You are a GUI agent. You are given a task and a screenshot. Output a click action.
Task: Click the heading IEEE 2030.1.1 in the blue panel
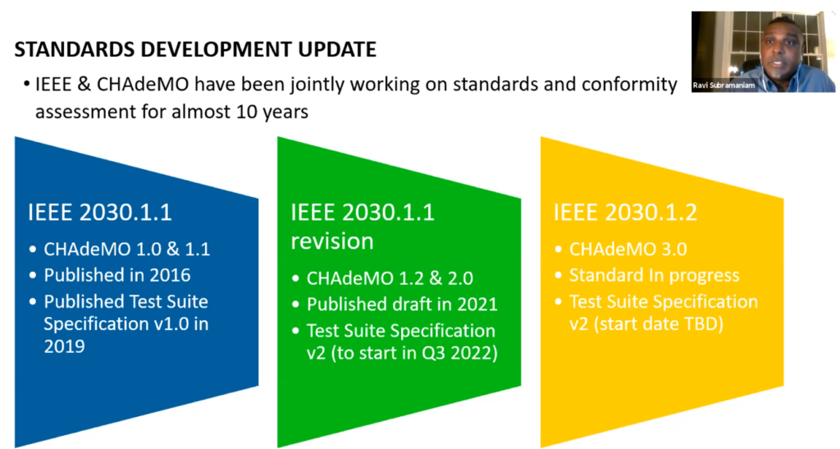(x=100, y=212)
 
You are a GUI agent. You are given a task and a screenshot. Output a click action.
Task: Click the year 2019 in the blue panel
(x=64, y=346)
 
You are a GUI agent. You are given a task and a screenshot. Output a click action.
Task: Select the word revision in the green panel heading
(x=332, y=241)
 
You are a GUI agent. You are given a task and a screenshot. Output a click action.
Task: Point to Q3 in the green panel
(x=431, y=353)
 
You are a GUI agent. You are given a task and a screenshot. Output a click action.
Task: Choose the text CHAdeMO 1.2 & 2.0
(x=390, y=278)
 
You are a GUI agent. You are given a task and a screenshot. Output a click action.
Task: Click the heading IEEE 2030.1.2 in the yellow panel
(x=625, y=212)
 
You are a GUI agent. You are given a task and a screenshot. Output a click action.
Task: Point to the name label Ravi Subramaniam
(x=724, y=85)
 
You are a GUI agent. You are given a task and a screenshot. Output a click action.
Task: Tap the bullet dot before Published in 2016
(x=33, y=276)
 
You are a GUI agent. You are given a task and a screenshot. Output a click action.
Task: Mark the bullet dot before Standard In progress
(x=558, y=276)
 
